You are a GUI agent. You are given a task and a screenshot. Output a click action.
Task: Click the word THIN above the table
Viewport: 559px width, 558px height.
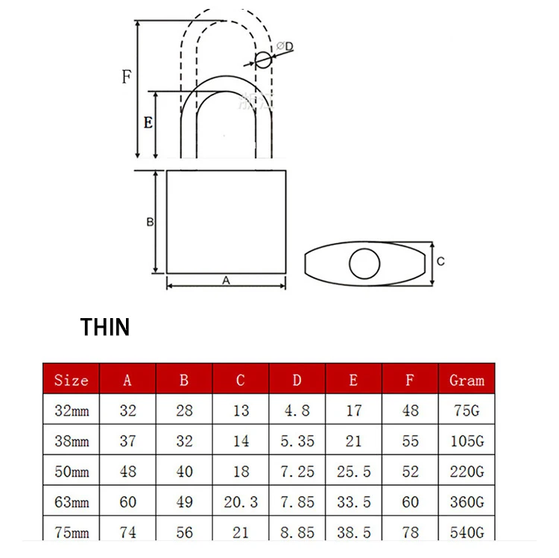pyautogui.click(x=105, y=327)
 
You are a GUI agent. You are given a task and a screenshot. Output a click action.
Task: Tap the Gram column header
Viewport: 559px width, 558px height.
pyautogui.click(x=467, y=380)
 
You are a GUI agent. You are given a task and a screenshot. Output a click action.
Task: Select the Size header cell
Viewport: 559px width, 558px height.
pyautogui.click(x=71, y=380)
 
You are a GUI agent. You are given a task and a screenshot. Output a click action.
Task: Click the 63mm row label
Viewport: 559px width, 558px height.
pyautogui.click(x=71, y=502)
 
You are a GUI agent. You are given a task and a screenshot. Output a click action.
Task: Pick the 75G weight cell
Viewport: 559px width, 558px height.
pyautogui.click(x=467, y=410)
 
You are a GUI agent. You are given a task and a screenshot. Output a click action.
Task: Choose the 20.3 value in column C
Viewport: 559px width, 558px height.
pyautogui.click(x=240, y=502)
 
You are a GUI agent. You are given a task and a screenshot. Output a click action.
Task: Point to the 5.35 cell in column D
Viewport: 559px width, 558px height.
pyautogui.click(x=297, y=441)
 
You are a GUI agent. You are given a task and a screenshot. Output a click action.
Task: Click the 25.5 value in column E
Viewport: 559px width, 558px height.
pyautogui.click(x=353, y=472)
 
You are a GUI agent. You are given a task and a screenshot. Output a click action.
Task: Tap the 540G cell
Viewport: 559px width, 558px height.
pyautogui.click(x=467, y=533)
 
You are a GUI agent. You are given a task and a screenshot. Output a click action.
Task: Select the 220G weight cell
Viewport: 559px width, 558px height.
pyautogui.click(x=467, y=472)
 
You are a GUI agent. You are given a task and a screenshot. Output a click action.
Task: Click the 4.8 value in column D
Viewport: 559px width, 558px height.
pyautogui.click(x=297, y=410)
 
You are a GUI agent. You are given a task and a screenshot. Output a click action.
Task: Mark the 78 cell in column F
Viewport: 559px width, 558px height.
pyautogui.click(x=410, y=533)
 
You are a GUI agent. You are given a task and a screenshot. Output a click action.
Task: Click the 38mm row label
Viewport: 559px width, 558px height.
pyautogui.click(x=71, y=441)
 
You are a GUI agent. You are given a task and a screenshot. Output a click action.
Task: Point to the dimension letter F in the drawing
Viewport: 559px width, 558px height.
pyautogui.click(x=127, y=76)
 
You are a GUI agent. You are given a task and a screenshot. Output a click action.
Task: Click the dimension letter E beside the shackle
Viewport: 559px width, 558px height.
pyautogui.click(x=148, y=122)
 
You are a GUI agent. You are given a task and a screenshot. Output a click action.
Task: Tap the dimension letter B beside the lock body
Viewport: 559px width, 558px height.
pyautogui.click(x=149, y=222)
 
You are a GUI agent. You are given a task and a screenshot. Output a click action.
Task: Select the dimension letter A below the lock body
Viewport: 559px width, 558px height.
pyautogui.click(x=226, y=280)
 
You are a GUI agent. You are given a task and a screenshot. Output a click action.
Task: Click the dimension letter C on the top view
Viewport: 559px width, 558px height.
pyautogui.click(x=440, y=261)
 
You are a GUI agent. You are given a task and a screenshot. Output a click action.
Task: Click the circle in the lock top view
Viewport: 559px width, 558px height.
pyautogui.click(x=364, y=263)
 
